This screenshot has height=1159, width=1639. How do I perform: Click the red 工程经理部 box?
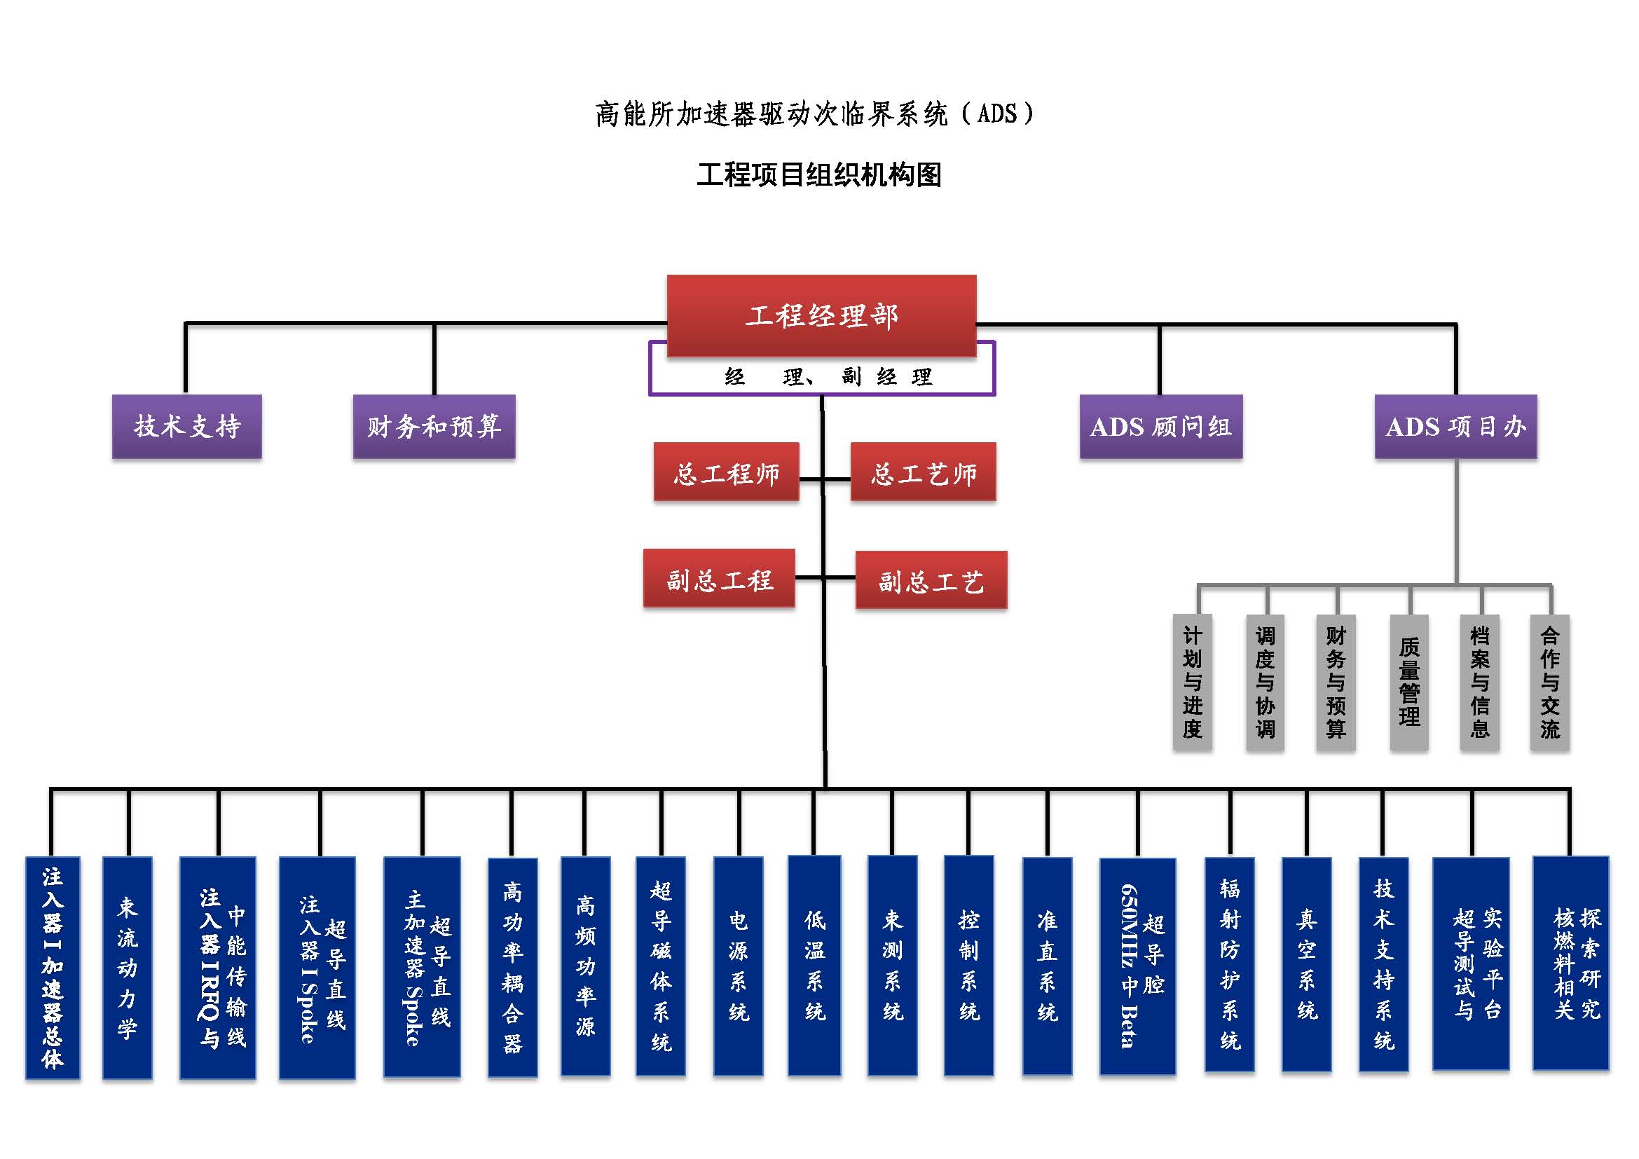[x=821, y=315]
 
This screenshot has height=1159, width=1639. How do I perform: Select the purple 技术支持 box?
[x=187, y=426]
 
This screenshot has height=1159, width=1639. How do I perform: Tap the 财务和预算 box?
[x=434, y=426]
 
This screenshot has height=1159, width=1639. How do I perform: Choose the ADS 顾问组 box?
[x=1160, y=426]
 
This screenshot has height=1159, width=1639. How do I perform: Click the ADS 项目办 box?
[x=1455, y=426]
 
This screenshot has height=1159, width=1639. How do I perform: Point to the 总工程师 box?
[x=726, y=472]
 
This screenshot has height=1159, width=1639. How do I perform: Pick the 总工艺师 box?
[x=923, y=472]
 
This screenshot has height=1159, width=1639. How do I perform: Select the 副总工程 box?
[x=719, y=578]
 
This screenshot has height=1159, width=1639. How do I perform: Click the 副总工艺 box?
[x=931, y=579]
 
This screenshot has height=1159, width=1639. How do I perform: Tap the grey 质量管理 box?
[x=1409, y=682]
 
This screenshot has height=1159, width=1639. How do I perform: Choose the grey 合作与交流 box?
[x=1550, y=682]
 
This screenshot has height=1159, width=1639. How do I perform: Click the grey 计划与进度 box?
[x=1192, y=682]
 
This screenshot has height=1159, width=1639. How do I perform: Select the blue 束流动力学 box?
[x=127, y=967]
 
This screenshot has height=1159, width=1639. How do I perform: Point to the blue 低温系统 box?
[x=814, y=965]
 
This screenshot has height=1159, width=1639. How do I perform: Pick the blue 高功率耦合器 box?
[x=512, y=967]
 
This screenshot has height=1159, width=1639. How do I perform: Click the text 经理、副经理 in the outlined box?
[x=828, y=376]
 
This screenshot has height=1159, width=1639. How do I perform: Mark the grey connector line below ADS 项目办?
[x=1456, y=521]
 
